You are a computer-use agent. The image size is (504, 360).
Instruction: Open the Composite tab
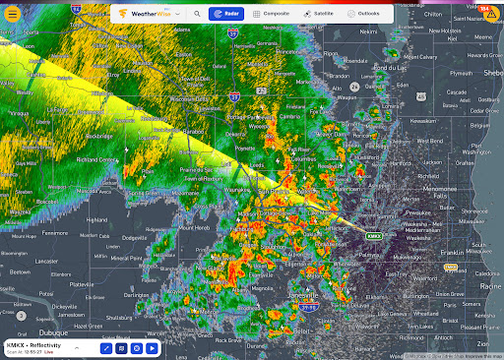tap(269, 15)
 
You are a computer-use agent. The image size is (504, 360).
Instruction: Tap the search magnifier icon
tap(197, 15)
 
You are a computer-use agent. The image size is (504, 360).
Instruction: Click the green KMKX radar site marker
tap(374, 236)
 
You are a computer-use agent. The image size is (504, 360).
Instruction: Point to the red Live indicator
tap(53, 351)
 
